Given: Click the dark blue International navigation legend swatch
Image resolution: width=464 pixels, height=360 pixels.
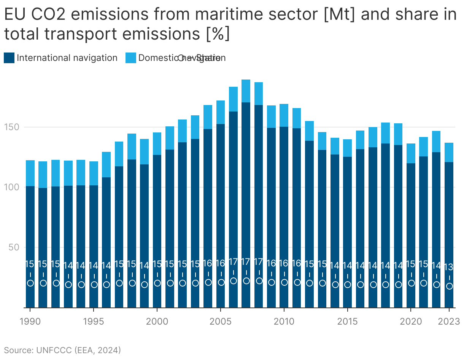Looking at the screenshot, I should tap(9, 58).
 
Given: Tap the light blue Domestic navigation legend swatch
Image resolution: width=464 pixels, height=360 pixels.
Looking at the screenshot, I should tap(131, 58).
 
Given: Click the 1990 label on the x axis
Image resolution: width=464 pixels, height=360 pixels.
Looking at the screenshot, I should tap(30, 322).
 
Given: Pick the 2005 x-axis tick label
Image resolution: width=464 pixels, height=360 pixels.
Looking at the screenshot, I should tap(221, 322).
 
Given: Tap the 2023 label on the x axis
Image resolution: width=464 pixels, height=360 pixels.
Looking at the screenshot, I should tap(449, 322).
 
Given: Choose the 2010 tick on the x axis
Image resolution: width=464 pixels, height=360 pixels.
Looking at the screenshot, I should tap(284, 322).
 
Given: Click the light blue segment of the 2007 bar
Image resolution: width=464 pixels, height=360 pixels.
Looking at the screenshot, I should tap(246, 91).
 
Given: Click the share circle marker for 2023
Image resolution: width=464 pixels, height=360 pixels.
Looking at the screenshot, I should tap(450, 286).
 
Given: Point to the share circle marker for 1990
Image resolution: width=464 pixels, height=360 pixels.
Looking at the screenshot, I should tap(30, 283).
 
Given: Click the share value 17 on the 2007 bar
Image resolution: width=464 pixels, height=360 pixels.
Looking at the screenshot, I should tap(246, 262).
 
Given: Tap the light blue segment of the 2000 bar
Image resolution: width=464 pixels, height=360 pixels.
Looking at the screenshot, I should tap(157, 143).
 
